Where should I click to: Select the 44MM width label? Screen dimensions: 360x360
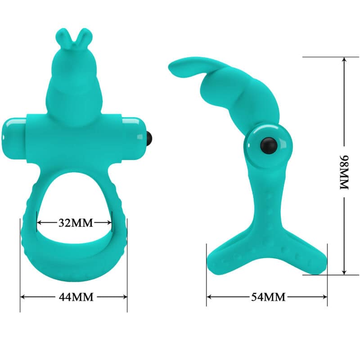(74, 297)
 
